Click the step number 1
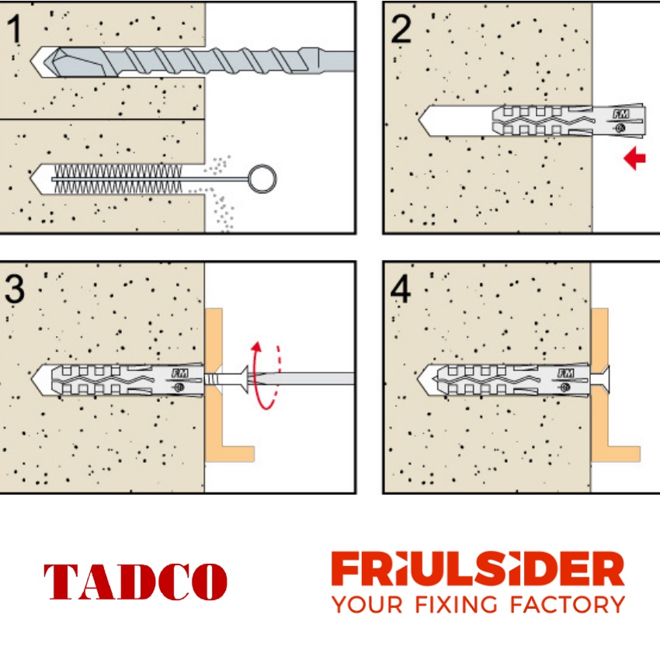point(16,31)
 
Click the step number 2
point(401,30)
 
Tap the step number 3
point(16,289)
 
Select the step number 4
point(401,289)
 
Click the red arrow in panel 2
point(635,160)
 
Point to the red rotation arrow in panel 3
point(264,373)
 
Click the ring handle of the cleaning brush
point(262,178)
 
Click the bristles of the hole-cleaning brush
point(116,178)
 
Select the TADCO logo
point(136,582)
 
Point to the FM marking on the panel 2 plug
point(620,113)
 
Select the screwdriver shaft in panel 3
point(311,379)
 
